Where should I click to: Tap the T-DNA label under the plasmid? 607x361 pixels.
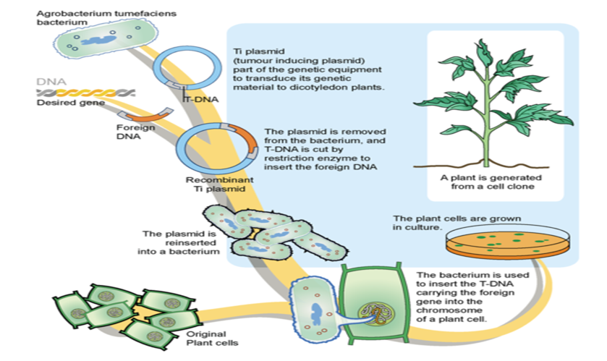[x=200, y=99]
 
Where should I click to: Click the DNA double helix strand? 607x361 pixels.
[x=85, y=93]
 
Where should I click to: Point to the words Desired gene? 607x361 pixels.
[x=70, y=103]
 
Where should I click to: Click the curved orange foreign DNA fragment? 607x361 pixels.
[x=146, y=115]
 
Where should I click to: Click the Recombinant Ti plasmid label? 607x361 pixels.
[x=219, y=184]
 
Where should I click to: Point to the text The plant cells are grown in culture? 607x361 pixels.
[x=457, y=223]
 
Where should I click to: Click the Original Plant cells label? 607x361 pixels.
[x=212, y=338]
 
